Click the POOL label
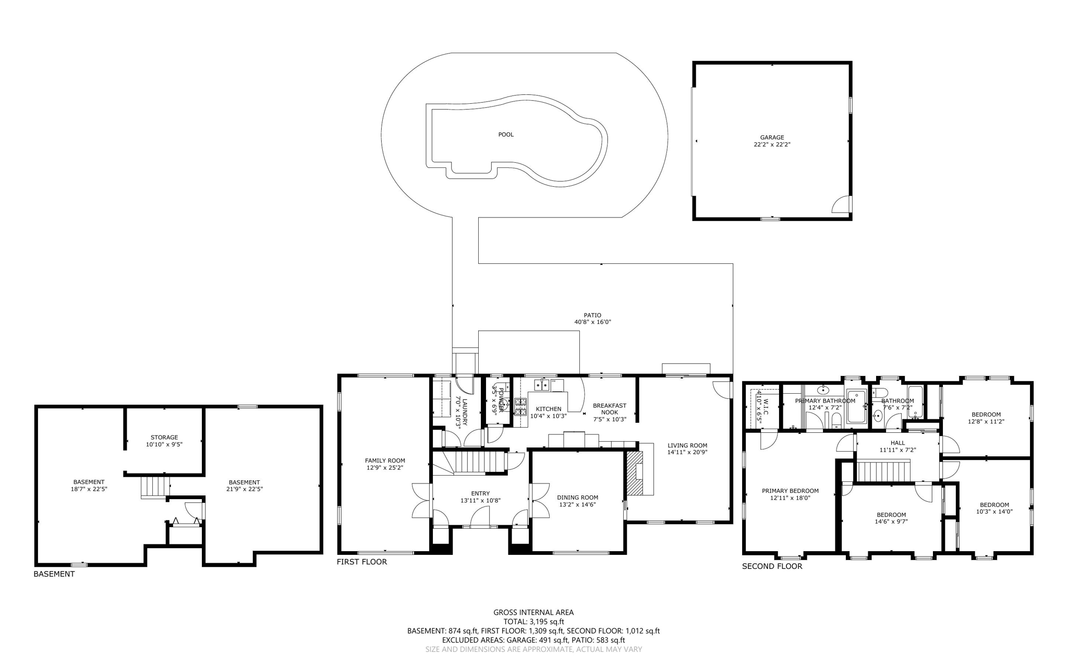[505, 135]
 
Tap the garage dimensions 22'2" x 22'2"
[772, 144]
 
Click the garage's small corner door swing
[841, 205]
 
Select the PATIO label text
[592, 315]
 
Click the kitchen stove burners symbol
[520, 406]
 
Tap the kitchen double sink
[541, 385]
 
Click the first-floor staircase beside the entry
[469, 462]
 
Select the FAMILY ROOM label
[385, 460]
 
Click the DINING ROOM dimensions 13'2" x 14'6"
[577, 504]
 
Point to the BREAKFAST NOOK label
[610, 408]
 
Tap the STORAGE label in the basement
[164, 438]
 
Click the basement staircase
[154, 487]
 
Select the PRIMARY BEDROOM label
[790, 491]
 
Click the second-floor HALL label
[897, 443]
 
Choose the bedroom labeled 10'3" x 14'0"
[994, 508]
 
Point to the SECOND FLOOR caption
[772, 566]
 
